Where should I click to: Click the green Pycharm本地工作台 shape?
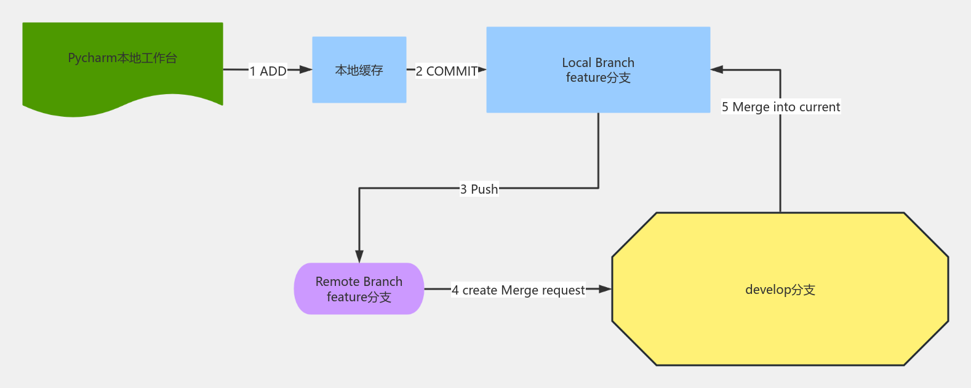[122, 68]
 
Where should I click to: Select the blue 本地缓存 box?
[359, 70]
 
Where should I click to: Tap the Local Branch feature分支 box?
[598, 69]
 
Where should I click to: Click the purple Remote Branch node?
[359, 289]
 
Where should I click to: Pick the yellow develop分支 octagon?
[780, 289]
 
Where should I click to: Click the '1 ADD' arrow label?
[268, 71]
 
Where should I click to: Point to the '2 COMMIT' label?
[447, 71]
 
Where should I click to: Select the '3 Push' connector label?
[479, 189]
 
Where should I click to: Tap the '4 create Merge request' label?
[518, 290]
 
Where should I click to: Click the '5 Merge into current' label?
[780, 107]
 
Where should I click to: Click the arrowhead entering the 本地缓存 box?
[306, 70]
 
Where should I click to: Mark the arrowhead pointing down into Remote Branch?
[359, 256]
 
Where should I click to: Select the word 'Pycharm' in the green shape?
[92, 58]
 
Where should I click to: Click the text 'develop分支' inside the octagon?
[780, 290]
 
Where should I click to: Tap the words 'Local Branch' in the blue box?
[598, 63]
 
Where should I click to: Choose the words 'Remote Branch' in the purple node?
[359, 282]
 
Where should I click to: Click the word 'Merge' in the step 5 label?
[751, 107]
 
